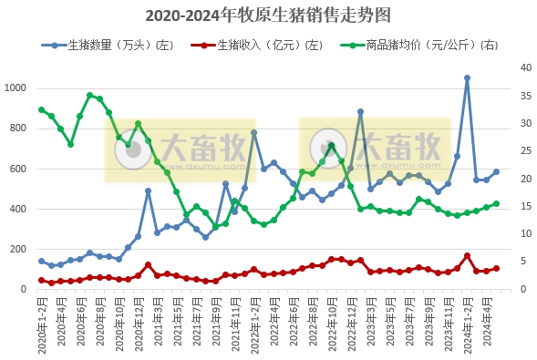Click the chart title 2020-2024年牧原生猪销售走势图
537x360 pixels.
[x=268, y=15]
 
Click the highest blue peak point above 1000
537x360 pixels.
[x=467, y=78]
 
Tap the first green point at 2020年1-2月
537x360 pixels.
[x=41, y=109]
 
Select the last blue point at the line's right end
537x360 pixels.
[x=496, y=171]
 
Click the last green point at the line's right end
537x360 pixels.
[x=496, y=204]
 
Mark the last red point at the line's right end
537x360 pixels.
[x=496, y=269]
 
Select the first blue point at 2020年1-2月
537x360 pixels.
[x=41, y=262]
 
